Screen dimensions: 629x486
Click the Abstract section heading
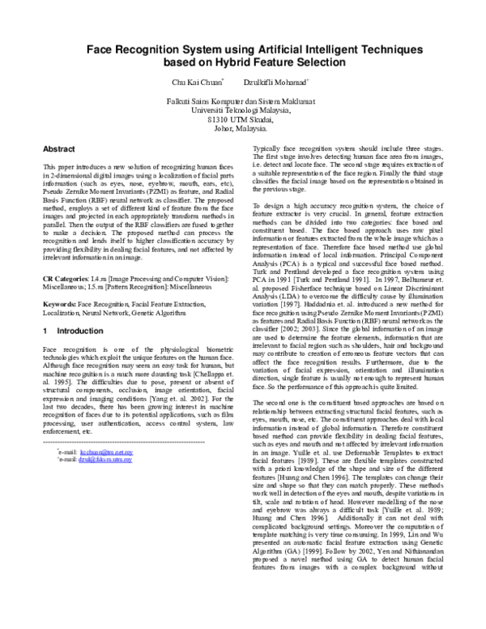(x=59, y=150)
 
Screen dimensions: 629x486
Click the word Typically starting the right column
(x=268, y=150)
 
